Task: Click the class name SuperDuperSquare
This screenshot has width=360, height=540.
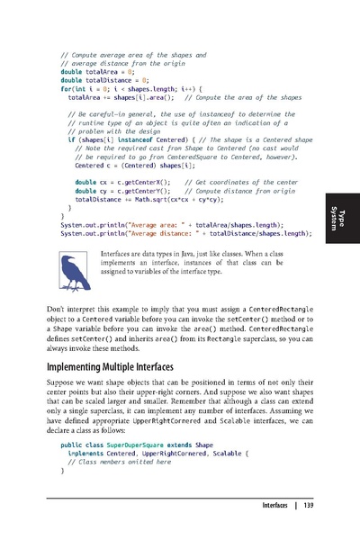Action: (x=132, y=445)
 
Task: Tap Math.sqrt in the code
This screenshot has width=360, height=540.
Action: (x=145, y=199)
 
